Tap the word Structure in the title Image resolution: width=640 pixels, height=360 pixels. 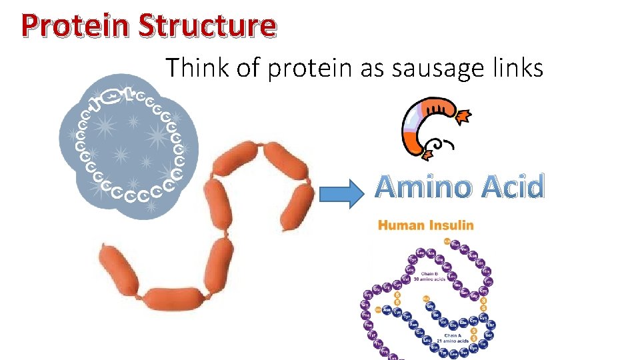pos(207,26)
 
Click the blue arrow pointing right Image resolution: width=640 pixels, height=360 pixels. pos(343,193)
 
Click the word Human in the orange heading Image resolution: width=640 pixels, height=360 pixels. pos(401,225)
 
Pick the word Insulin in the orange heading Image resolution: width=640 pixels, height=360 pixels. pos(450,225)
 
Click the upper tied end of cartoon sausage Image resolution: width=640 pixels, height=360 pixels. pos(463,117)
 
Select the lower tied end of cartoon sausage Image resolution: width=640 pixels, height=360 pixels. pos(427,154)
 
